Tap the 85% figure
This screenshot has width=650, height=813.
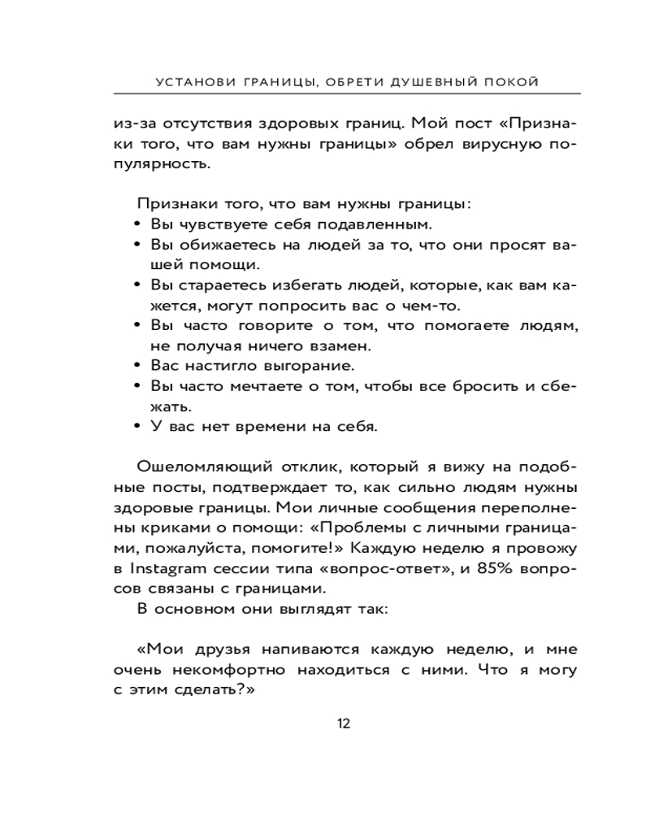(494, 567)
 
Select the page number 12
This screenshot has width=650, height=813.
(344, 724)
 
